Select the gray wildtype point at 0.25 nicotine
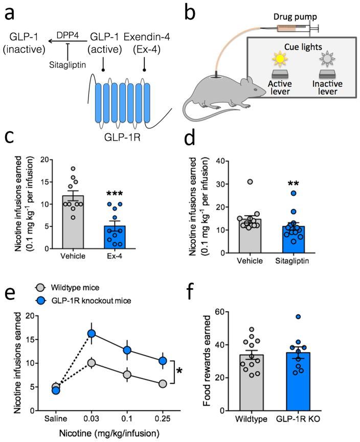[163, 384]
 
